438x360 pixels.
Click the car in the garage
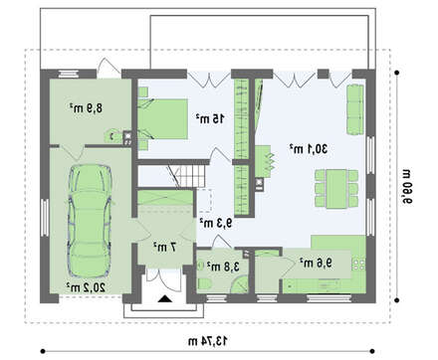[90, 221]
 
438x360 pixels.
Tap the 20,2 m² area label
[86, 287]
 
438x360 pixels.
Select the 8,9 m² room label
[86, 108]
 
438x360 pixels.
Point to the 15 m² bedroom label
[210, 118]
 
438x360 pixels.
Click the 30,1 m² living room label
[309, 149]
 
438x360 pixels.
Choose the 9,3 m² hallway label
[216, 223]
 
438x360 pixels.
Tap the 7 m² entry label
[164, 247]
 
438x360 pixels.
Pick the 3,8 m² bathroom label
[223, 267]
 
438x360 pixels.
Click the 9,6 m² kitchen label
[316, 263]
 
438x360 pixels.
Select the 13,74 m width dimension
[208, 341]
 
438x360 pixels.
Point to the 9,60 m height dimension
[407, 186]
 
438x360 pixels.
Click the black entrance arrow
[165, 298]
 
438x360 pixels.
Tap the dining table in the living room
[336, 189]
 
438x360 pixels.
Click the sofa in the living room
[355, 109]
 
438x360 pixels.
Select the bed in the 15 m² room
[162, 118]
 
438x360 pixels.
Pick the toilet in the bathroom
[206, 284]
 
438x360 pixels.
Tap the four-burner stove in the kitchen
[358, 265]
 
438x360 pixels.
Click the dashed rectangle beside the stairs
[205, 201]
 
